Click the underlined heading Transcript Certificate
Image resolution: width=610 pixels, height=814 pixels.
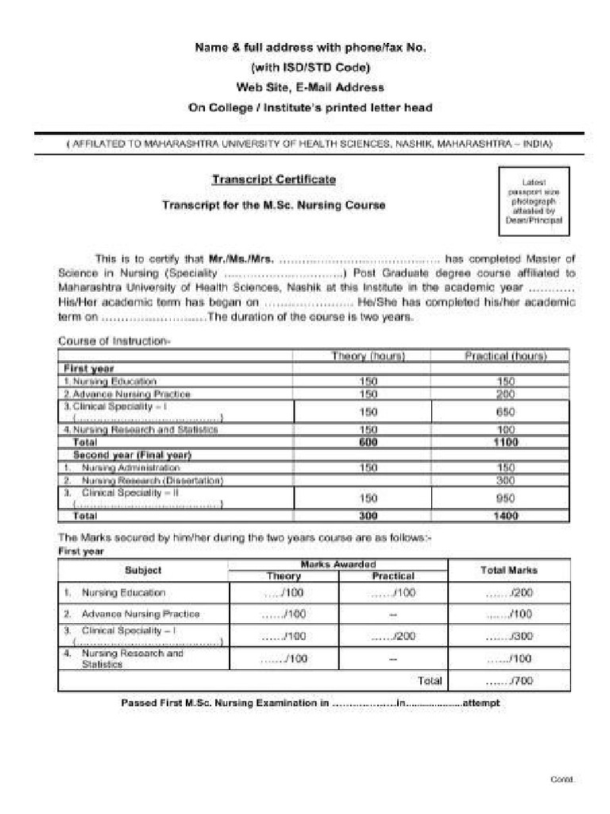(273, 180)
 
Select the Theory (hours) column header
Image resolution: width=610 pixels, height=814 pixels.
(368, 356)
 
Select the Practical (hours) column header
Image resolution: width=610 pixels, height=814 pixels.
(506, 356)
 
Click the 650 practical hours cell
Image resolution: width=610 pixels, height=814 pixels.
(506, 412)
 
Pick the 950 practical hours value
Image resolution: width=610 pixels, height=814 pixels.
(506, 498)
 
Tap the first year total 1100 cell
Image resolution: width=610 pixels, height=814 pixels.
(506, 443)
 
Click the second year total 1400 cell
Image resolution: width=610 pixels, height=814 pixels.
(506, 516)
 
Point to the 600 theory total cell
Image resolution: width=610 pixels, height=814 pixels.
(368, 443)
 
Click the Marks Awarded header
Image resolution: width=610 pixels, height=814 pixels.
(338, 564)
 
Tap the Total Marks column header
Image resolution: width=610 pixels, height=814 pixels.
(509, 570)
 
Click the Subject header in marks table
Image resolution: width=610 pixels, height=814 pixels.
(143, 570)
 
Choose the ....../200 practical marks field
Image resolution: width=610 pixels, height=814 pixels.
(393, 636)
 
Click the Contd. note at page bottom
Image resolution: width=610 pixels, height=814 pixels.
(562, 779)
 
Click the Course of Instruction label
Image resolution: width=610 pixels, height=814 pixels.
(113, 341)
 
